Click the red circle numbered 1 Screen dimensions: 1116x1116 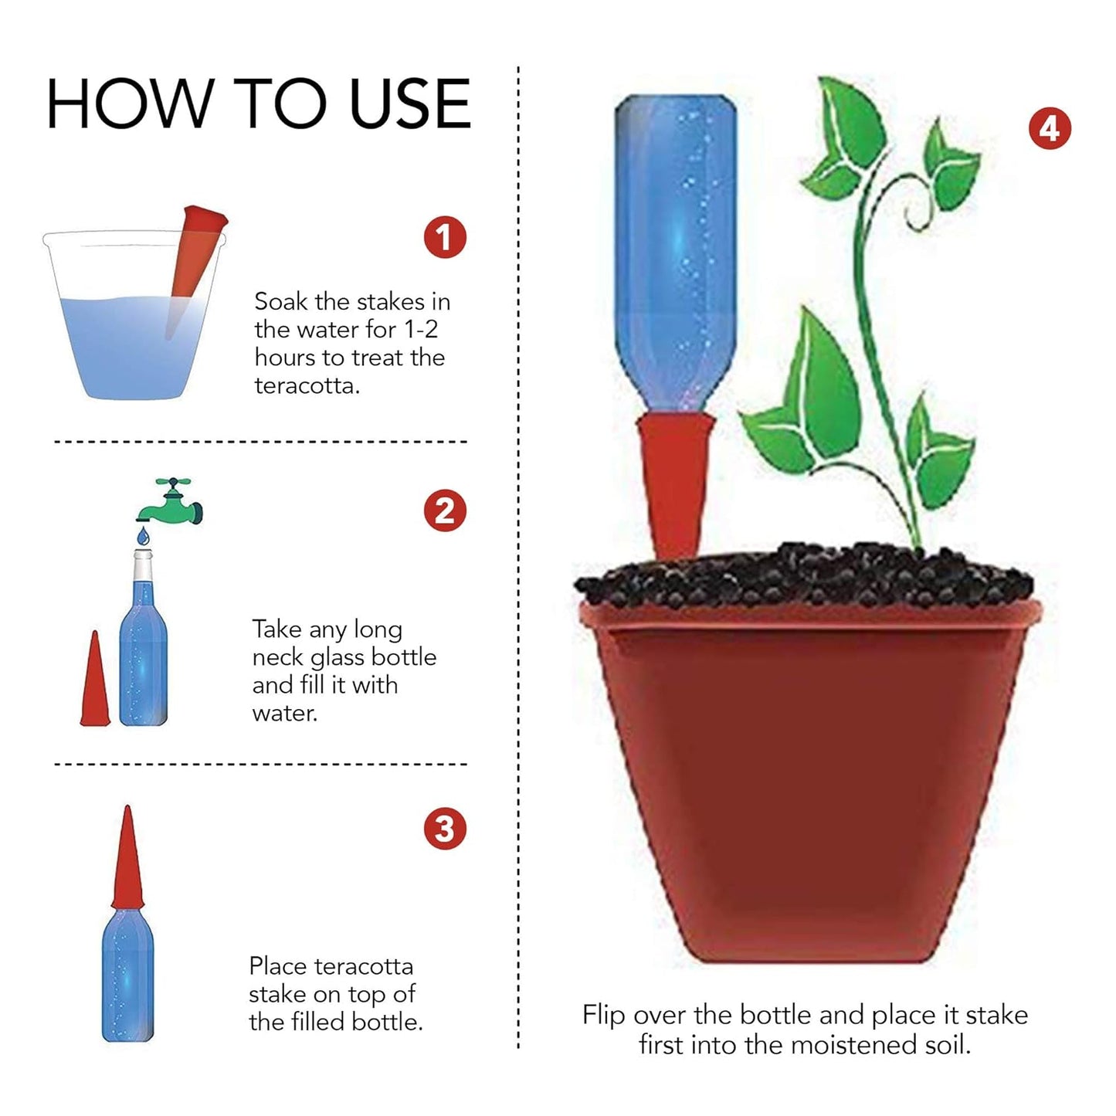click(x=445, y=237)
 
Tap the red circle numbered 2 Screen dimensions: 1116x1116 click(x=445, y=511)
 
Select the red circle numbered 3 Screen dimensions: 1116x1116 click(x=445, y=829)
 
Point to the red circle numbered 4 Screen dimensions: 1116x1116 click(x=1050, y=128)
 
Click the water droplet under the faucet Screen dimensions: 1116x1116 click(x=143, y=535)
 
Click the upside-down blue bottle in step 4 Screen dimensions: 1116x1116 click(x=676, y=247)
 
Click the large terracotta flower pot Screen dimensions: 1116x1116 click(x=807, y=780)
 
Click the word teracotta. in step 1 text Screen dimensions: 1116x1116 click(x=307, y=385)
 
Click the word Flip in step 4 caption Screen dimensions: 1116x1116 click(x=603, y=1014)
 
